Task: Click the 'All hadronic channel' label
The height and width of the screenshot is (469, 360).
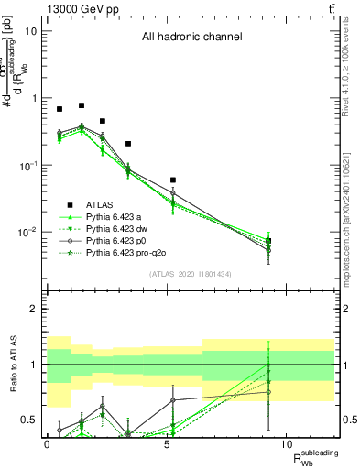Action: [191, 38]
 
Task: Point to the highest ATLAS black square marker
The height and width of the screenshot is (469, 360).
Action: [82, 105]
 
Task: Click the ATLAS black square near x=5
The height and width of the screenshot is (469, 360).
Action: [172, 180]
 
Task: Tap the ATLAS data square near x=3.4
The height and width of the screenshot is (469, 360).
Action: [128, 144]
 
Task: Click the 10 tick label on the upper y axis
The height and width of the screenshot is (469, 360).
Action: [30, 31]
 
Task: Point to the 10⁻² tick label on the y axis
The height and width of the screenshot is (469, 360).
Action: [27, 233]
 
